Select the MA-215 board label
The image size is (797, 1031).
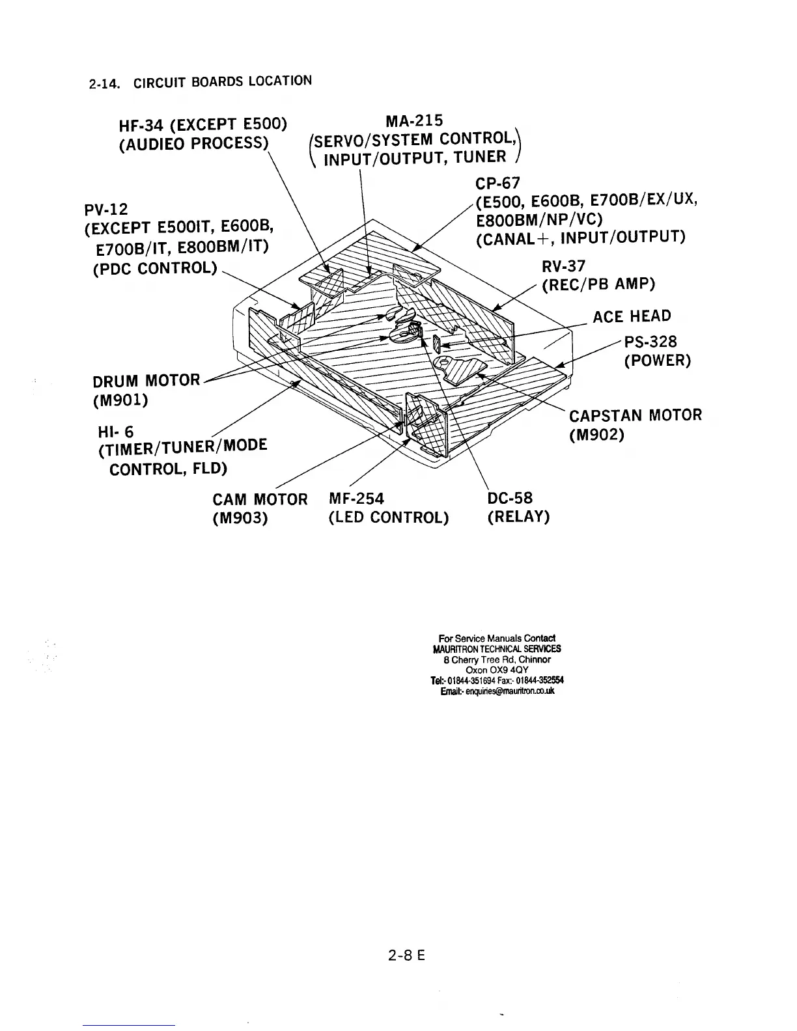coord(413,121)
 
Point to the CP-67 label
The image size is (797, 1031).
coord(498,183)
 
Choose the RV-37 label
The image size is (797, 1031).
coord(563,266)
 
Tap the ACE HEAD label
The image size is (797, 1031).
coord(631,317)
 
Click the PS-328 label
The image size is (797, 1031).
coord(650,342)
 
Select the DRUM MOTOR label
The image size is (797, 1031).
coord(147,379)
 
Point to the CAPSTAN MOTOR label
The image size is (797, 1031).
coord(636,415)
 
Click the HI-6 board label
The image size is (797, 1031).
coord(115,432)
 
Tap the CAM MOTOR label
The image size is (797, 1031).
coord(260,499)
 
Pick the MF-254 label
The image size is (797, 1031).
coord(356,499)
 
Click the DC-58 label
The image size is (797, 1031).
coord(510,499)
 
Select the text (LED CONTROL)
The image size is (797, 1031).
coord(389,517)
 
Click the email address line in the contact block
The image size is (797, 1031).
coord(497,691)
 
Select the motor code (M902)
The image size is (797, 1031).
coord(597,434)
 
